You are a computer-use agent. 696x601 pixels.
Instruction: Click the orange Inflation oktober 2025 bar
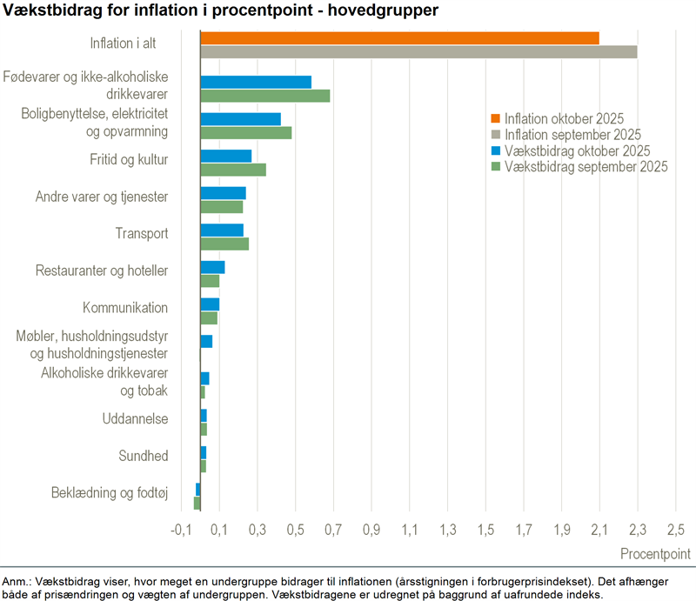(x=399, y=37)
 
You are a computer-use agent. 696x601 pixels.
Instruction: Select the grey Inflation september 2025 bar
(x=418, y=52)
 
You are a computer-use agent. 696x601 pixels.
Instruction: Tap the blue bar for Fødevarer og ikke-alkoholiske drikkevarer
(x=256, y=82)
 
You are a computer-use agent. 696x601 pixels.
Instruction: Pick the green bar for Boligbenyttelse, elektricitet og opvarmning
(x=245, y=133)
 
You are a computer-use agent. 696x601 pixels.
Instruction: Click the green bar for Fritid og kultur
(x=233, y=170)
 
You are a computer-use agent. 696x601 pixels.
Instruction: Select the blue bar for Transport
(x=222, y=230)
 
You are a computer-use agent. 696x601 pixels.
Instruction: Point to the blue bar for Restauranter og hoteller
(x=212, y=267)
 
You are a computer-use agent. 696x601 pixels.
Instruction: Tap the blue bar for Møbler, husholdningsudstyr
(x=206, y=341)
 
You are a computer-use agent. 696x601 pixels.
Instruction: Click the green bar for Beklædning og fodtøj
(x=197, y=503)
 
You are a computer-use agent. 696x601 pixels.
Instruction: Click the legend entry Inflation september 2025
(x=572, y=135)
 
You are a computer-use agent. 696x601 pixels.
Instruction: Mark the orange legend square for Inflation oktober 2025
(x=496, y=119)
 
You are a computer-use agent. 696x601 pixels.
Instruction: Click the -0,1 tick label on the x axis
(x=181, y=530)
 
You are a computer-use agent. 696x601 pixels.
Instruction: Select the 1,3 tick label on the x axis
(x=448, y=530)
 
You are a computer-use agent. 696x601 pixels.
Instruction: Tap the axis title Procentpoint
(x=655, y=554)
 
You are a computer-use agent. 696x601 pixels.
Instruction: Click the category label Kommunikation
(x=125, y=308)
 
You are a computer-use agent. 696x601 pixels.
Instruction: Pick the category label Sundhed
(x=144, y=456)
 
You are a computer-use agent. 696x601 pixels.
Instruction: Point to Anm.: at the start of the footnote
(x=17, y=581)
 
